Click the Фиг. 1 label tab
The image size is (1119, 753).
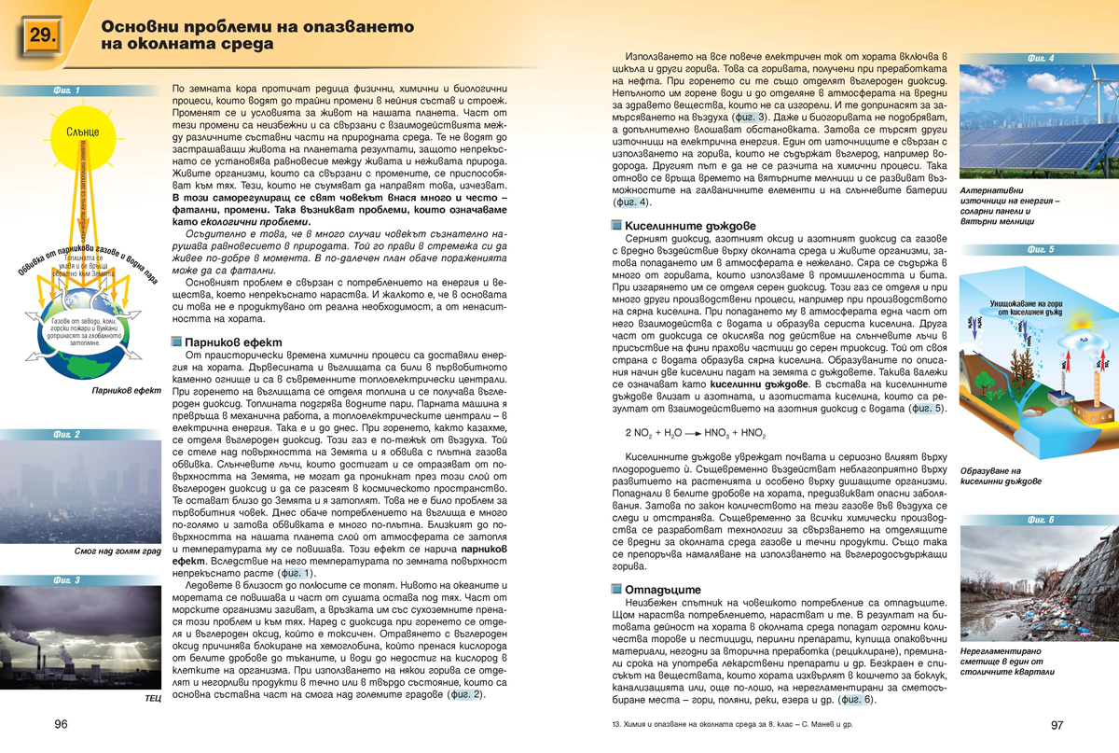70,91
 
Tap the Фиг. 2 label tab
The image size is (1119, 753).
70,435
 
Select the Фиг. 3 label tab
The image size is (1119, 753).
70,580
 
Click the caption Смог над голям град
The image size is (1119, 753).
116,551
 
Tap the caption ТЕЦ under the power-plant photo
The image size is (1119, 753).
153,697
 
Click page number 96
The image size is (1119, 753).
61,724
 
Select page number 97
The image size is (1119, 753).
1057,724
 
